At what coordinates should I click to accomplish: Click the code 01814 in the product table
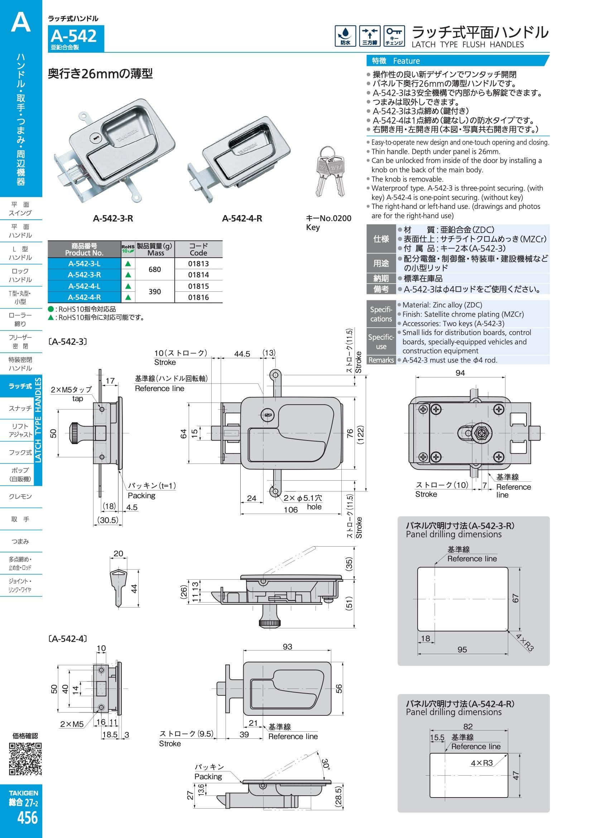tap(198, 275)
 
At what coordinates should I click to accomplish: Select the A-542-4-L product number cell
tap(84, 286)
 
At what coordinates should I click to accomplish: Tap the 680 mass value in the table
tap(155, 270)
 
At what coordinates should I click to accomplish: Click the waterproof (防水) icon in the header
tap(346, 36)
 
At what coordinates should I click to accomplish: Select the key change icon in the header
tap(394, 36)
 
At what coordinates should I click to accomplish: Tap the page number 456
tap(28, 817)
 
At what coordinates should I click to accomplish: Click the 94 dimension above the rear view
tap(460, 373)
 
